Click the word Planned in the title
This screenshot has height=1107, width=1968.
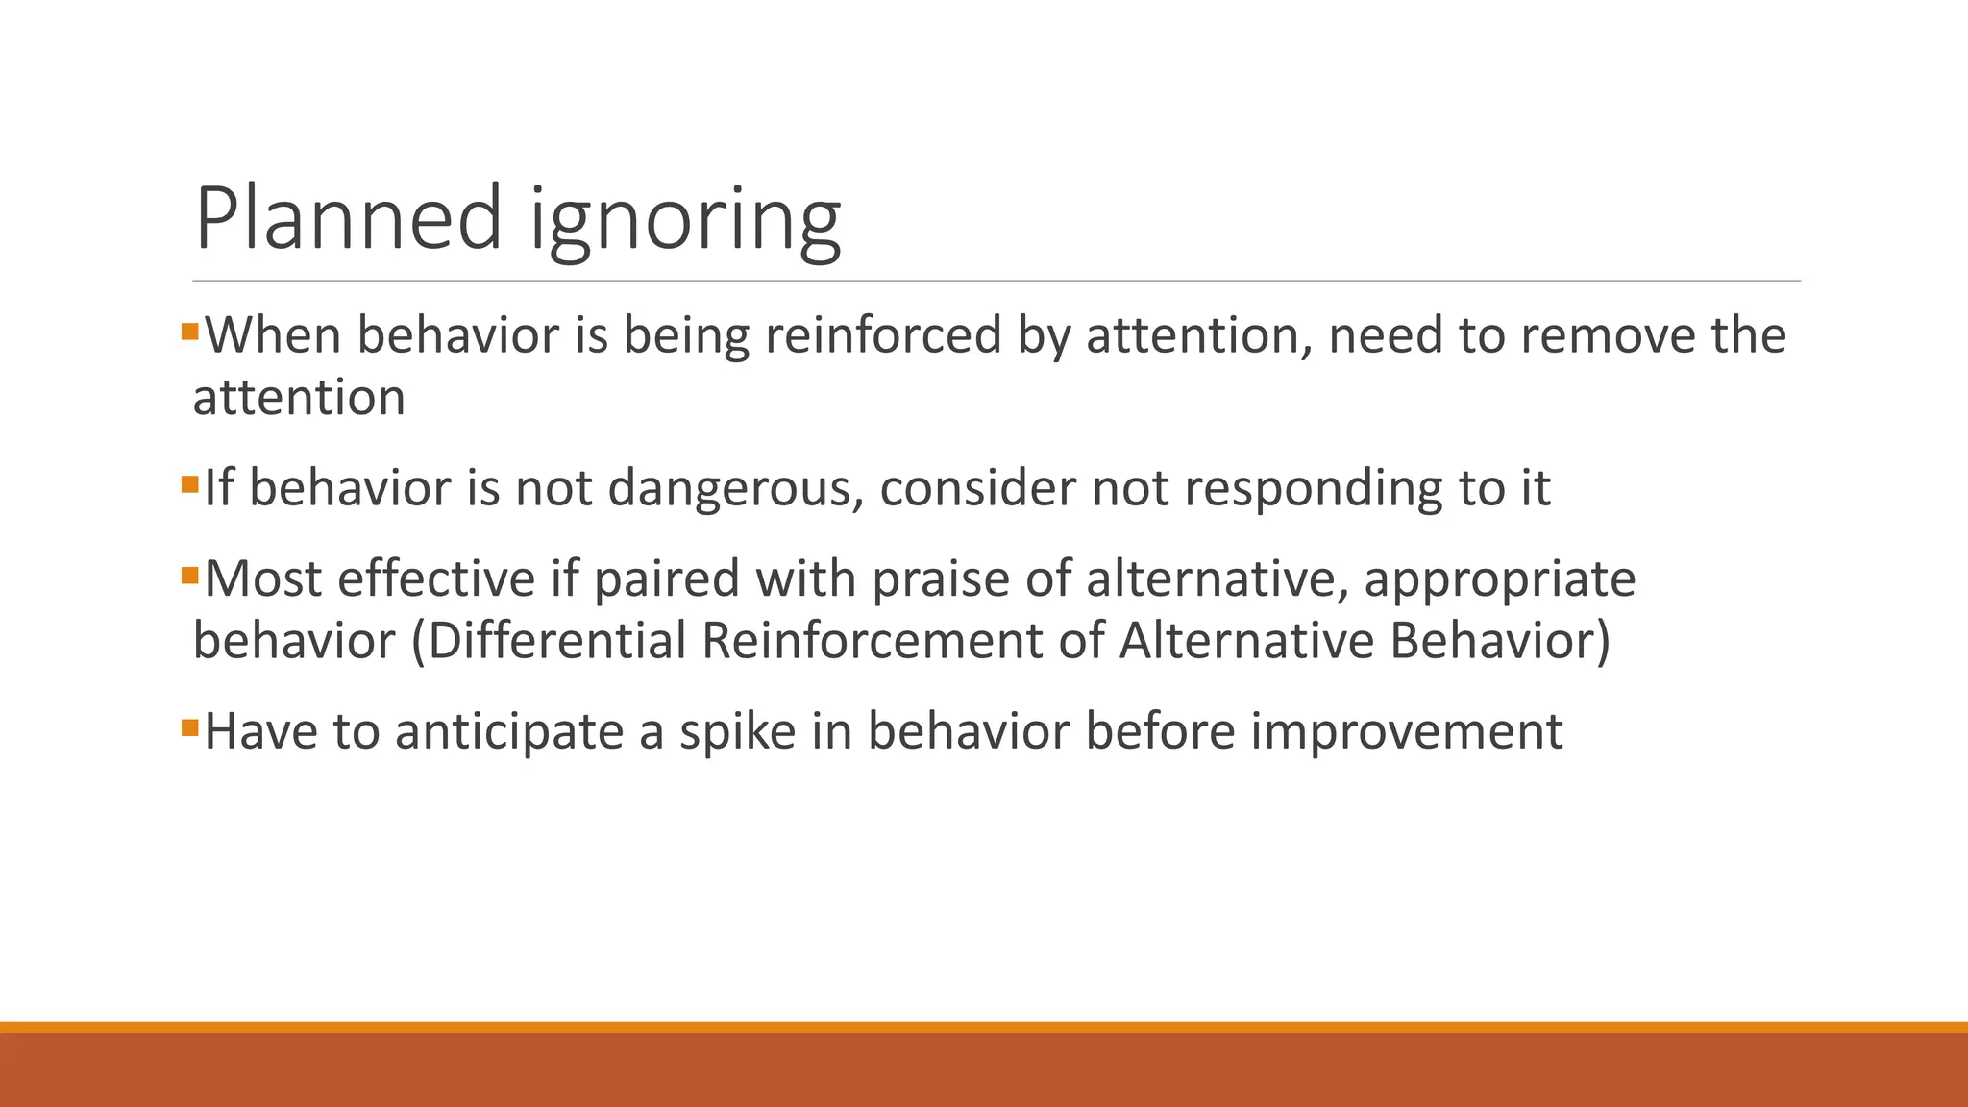tap(349, 218)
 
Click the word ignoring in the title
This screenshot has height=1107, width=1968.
tap(685, 223)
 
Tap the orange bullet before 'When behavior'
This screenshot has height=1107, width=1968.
tap(189, 332)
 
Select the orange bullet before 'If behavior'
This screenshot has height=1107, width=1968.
tap(189, 483)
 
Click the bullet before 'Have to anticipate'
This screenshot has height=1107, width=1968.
tap(189, 727)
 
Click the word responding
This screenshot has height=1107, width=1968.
tap(1313, 488)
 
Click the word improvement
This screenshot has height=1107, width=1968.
tap(1406, 732)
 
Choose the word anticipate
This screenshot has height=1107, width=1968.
tap(509, 732)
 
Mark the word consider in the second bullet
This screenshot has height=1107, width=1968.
tap(977, 488)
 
